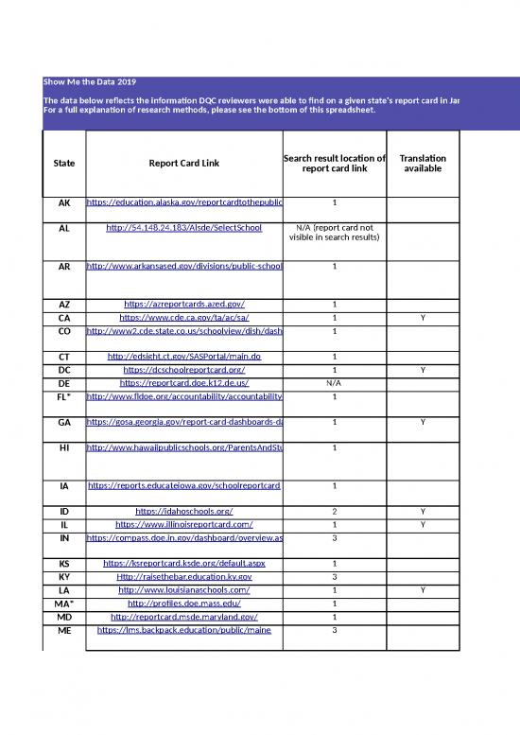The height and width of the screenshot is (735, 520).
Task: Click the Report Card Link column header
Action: [183, 164]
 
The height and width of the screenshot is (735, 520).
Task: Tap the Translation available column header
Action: [423, 164]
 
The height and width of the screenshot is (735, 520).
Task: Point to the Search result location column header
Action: [335, 164]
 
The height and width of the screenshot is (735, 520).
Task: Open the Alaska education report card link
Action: [183, 202]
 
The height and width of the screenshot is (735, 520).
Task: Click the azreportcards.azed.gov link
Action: [183, 304]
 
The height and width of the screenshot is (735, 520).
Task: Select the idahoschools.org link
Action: [183, 511]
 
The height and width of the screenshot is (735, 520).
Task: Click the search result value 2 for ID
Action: [335, 511]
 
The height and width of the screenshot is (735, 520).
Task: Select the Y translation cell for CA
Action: [423, 317]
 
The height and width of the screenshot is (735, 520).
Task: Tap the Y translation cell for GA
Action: [423, 423]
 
